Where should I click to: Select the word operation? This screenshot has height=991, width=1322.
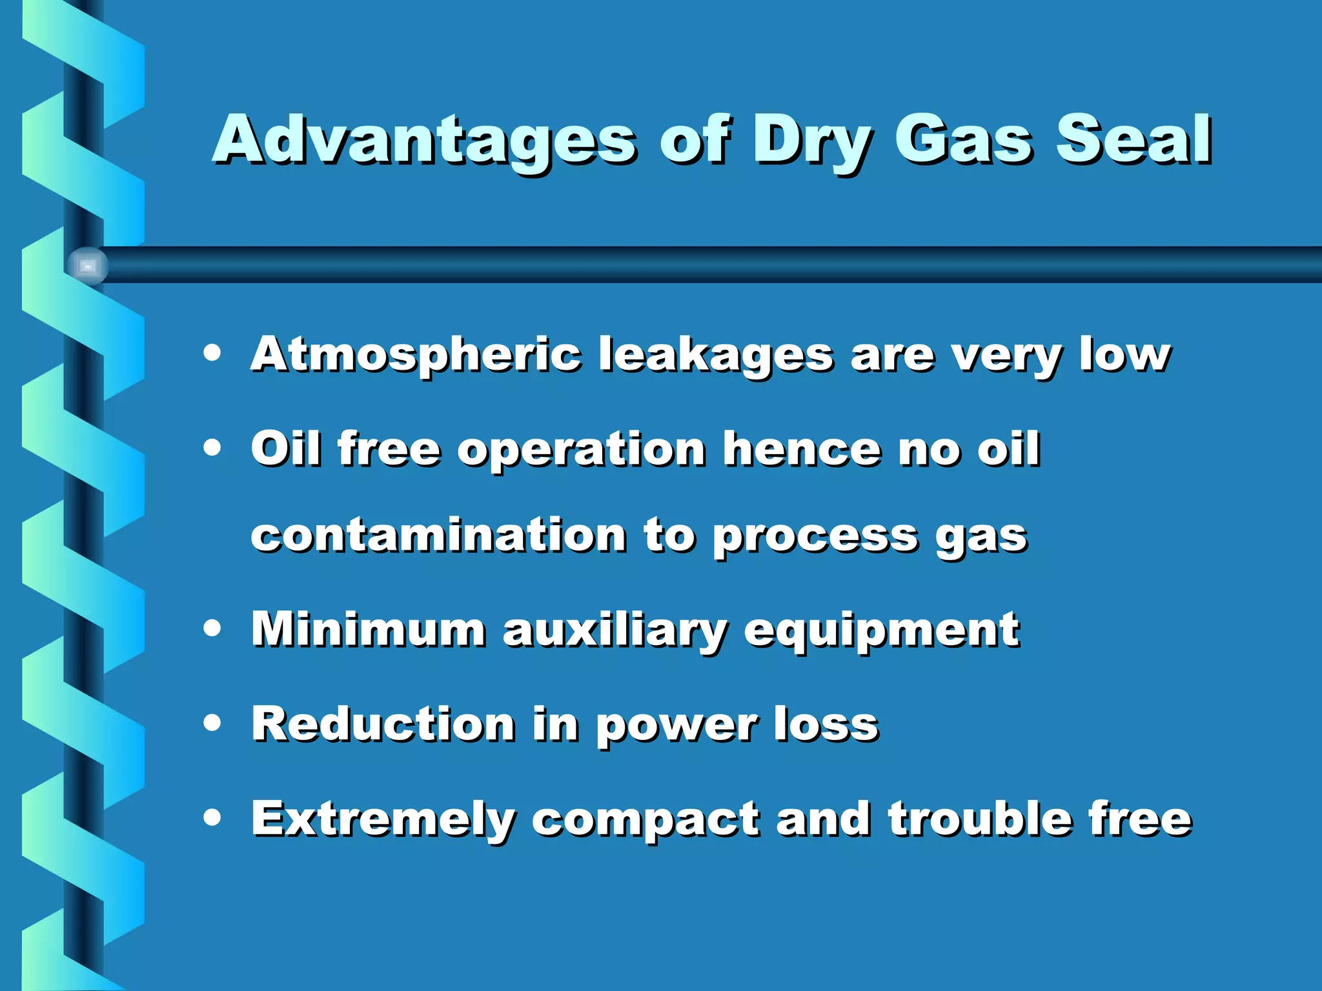(x=582, y=450)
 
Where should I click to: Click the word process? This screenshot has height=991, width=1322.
(x=815, y=537)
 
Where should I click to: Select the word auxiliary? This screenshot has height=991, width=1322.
(x=615, y=630)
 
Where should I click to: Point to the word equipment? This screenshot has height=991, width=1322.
(x=882, y=630)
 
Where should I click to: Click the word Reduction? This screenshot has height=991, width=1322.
(x=383, y=724)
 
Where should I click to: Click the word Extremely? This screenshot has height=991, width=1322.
(x=383, y=819)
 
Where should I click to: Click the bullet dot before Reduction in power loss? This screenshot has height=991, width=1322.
(x=212, y=723)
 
